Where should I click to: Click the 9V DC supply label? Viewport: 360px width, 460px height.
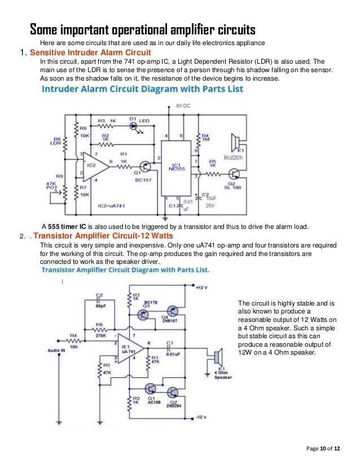point(183,105)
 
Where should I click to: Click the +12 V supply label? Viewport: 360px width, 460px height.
point(202,289)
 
